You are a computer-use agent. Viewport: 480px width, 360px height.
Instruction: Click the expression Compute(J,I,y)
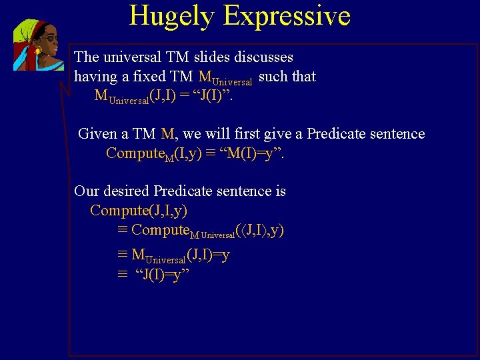139,211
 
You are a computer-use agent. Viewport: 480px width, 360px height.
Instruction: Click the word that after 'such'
303,77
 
